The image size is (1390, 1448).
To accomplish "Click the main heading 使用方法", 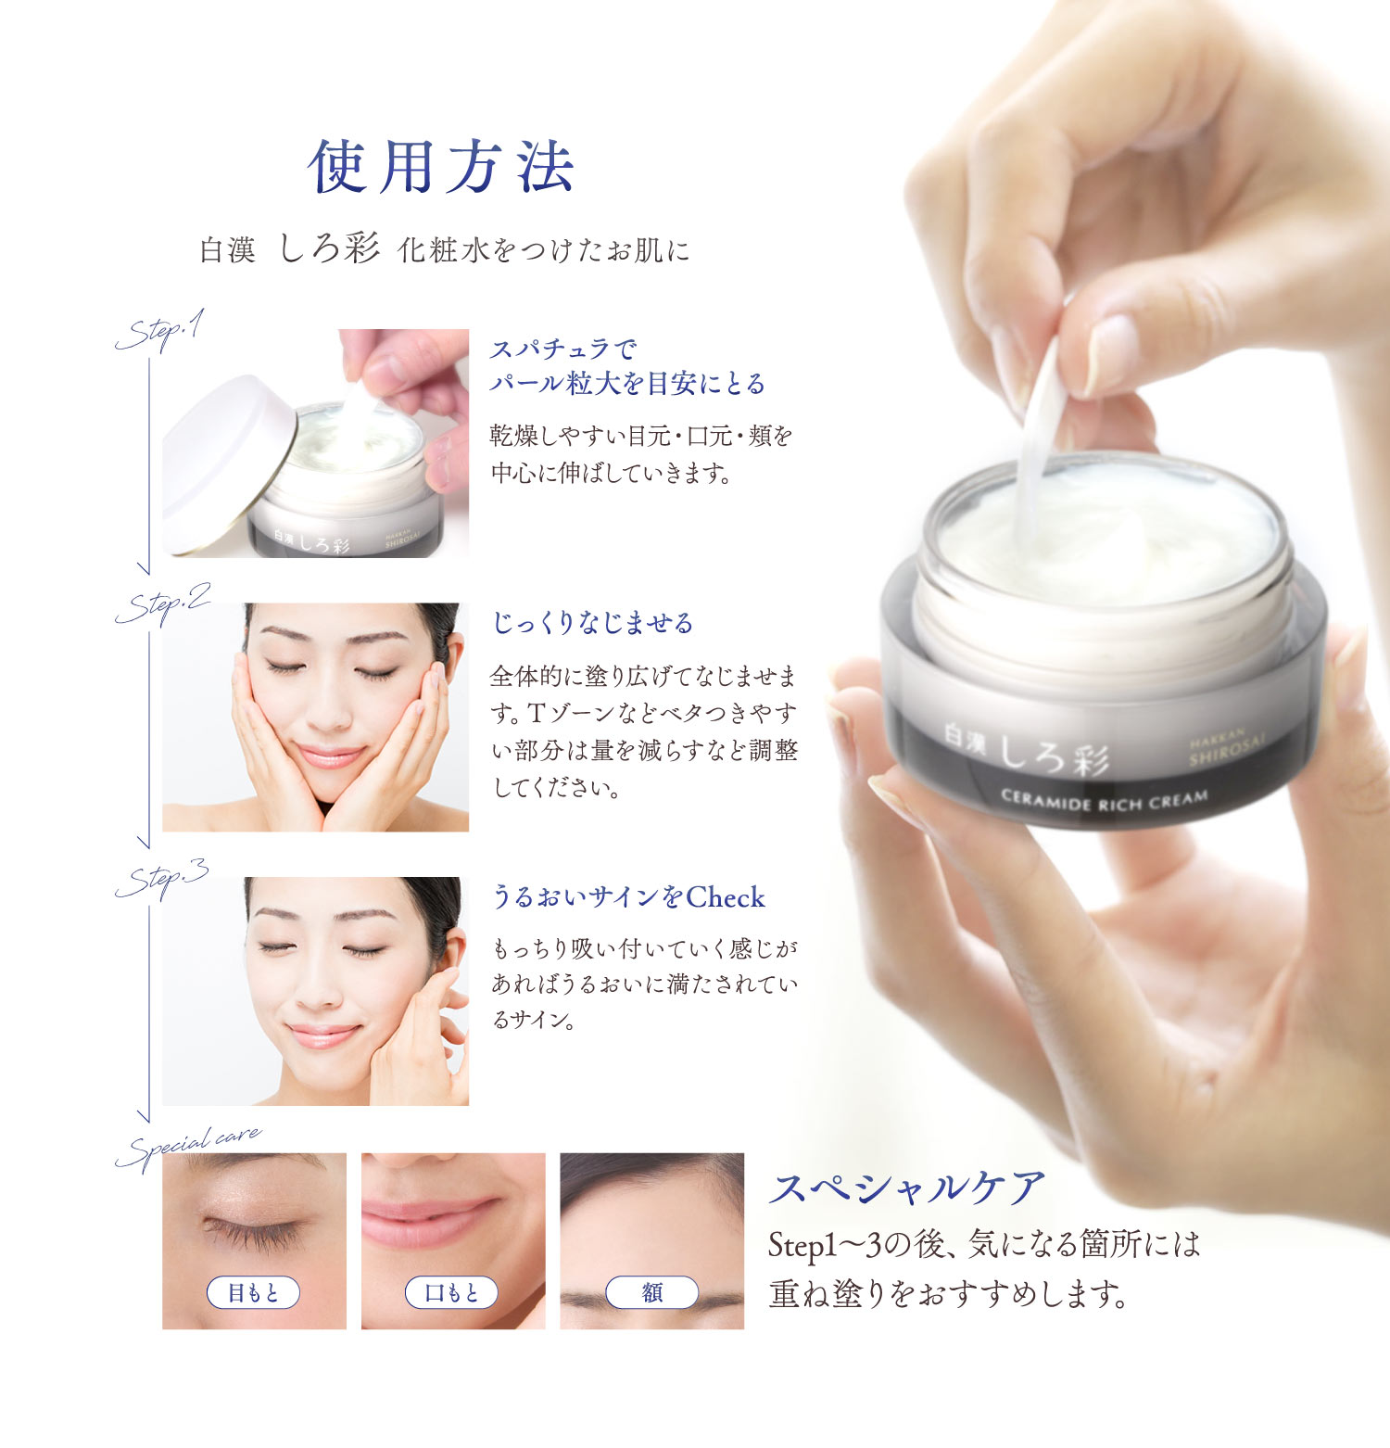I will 441,168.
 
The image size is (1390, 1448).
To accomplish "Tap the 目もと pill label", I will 253,1292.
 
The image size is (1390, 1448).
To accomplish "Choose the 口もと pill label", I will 451,1292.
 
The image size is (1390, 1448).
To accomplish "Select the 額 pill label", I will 651,1292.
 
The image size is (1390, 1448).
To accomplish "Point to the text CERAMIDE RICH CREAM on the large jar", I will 1104,800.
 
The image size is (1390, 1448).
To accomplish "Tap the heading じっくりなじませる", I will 592,623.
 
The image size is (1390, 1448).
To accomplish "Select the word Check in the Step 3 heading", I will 726,897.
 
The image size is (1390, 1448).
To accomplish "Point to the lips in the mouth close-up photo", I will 436,1215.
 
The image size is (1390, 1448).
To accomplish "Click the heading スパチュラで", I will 563,349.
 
